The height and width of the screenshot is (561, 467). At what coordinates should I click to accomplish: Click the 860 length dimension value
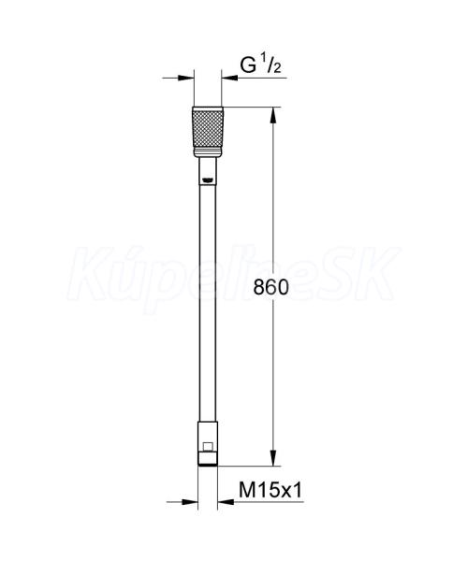270,287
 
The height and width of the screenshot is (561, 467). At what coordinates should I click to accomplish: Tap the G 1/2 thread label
260,65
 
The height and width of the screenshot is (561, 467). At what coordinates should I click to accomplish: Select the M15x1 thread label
270,490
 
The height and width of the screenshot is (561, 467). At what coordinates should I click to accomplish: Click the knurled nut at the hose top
208,129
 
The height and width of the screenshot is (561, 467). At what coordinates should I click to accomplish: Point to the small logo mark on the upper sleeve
208,180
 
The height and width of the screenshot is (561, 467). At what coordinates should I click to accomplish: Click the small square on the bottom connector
208,447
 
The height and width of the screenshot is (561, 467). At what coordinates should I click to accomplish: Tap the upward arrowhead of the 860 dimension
273,115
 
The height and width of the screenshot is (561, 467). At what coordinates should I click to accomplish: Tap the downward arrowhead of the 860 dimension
273,457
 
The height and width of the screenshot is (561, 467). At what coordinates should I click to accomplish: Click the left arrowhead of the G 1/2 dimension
185,78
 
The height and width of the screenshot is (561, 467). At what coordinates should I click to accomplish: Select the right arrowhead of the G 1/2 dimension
229,78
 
